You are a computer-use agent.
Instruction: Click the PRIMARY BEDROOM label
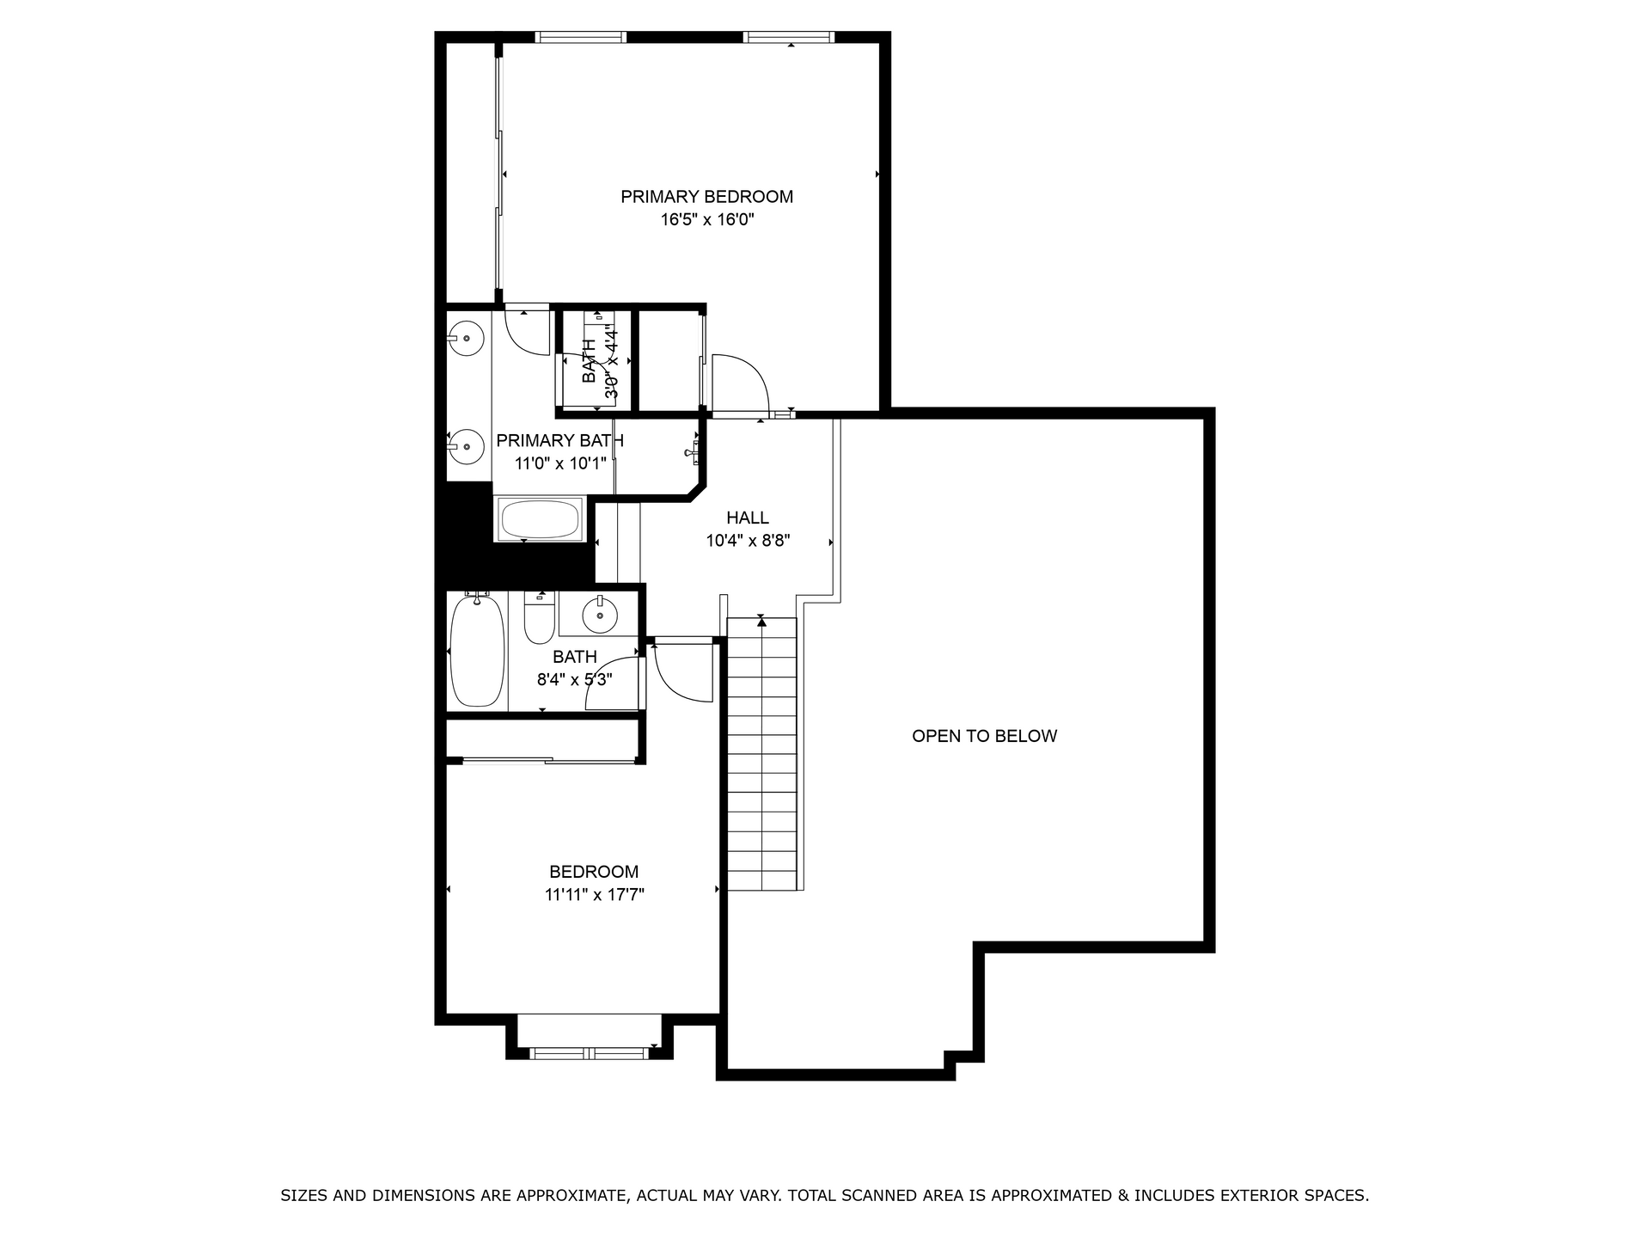(x=706, y=197)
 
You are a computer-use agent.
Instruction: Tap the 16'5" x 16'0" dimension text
(x=706, y=219)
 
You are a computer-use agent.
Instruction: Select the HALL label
(x=748, y=518)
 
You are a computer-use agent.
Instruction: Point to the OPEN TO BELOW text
(x=984, y=736)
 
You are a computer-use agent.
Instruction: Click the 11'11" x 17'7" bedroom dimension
(x=595, y=895)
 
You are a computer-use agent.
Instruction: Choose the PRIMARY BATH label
(x=560, y=441)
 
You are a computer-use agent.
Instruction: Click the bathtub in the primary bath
(x=540, y=519)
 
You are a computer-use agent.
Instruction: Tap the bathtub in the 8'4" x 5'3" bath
(x=477, y=651)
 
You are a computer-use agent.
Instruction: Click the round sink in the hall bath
(x=600, y=615)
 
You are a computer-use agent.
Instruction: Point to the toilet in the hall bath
(x=540, y=618)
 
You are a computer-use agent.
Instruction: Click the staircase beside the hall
(x=762, y=754)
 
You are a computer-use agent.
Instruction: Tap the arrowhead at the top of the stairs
(x=761, y=621)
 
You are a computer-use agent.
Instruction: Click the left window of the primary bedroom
(x=580, y=37)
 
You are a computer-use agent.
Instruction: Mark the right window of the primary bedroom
(x=789, y=37)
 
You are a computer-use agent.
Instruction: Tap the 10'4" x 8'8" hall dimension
(x=748, y=541)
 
